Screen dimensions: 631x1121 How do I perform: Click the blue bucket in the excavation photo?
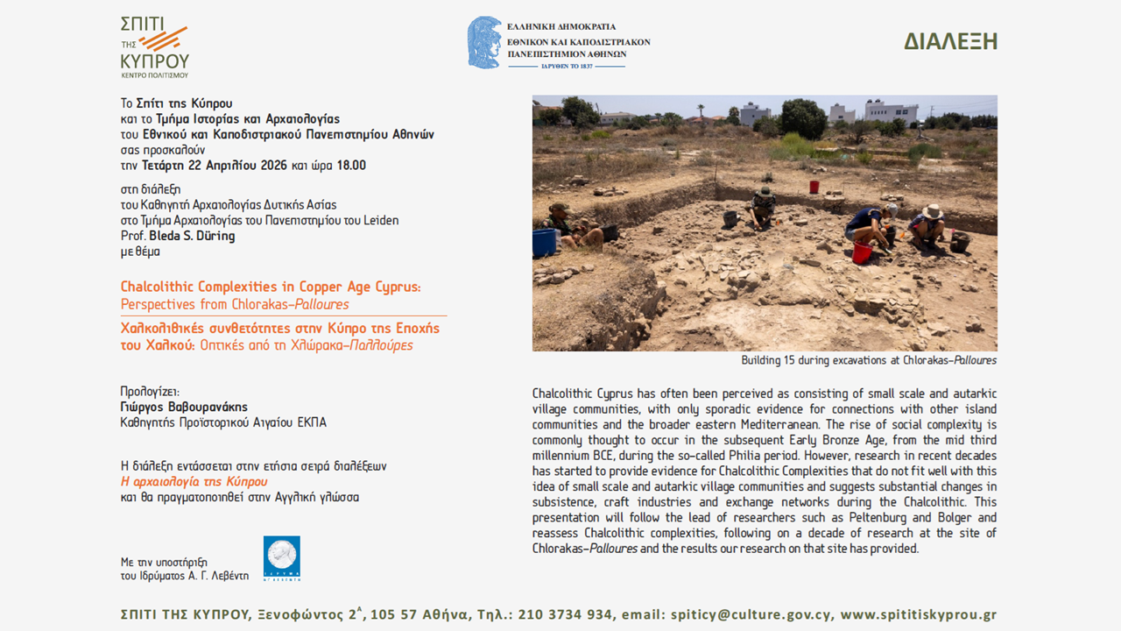point(544,242)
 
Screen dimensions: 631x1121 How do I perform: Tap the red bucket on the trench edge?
point(814,187)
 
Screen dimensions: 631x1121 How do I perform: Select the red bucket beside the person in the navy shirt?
point(862,252)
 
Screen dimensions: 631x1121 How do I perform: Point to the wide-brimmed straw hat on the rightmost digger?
point(932,211)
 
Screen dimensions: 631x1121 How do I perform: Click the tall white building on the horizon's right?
point(891,111)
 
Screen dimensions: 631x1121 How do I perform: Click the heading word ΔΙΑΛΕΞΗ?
point(950,41)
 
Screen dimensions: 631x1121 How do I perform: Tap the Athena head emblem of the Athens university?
point(483,42)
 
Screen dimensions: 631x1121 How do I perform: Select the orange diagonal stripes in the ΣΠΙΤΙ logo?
point(164,39)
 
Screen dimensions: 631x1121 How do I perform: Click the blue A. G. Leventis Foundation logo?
point(282,559)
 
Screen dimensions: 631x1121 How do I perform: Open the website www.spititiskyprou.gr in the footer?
point(918,614)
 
